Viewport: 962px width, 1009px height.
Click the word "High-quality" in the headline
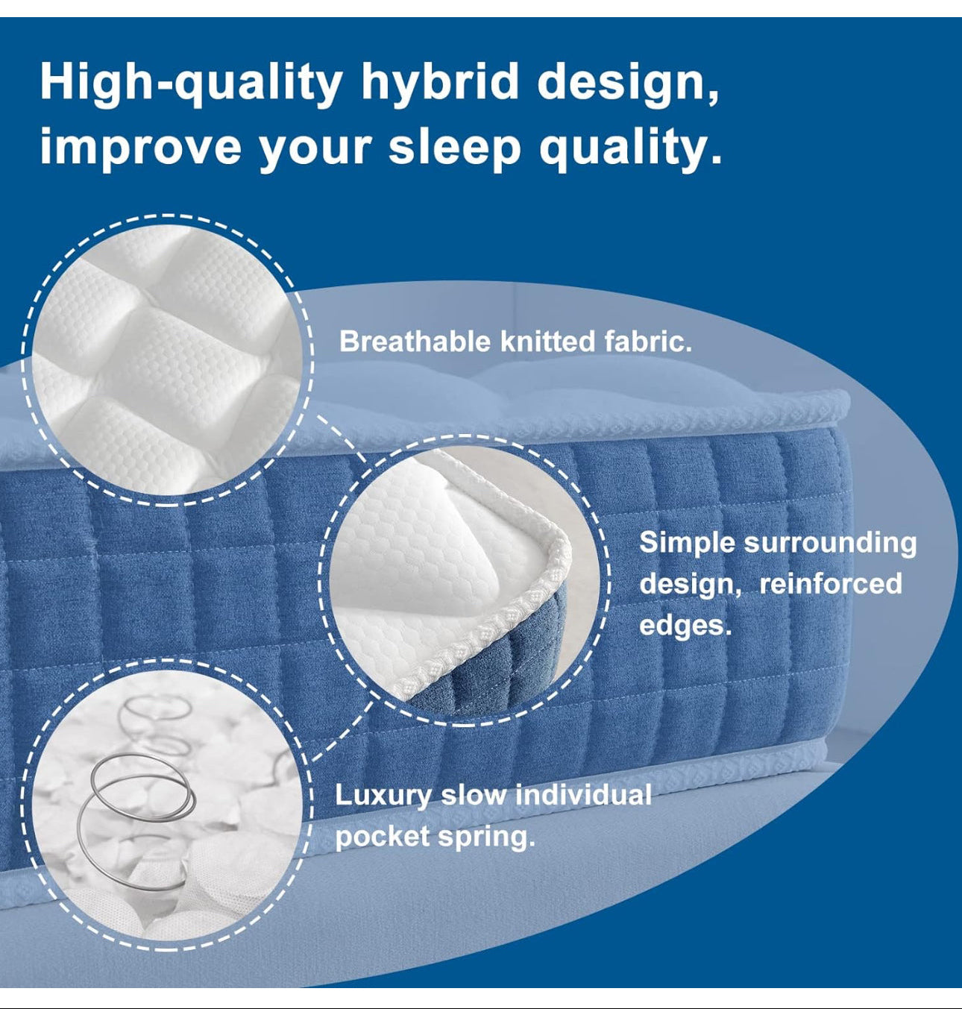coord(191,82)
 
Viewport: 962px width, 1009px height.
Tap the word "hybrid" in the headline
coord(440,82)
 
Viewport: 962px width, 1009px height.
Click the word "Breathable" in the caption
coord(415,342)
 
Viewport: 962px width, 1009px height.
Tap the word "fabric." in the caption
coord(648,342)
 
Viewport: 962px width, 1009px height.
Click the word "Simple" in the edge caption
coord(687,542)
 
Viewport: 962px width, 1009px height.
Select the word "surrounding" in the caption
coord(830,542)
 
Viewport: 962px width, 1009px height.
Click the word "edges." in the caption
coord(685,624)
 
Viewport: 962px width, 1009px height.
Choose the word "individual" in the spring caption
coord(583,795)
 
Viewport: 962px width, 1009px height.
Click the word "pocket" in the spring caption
coord(381,836)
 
